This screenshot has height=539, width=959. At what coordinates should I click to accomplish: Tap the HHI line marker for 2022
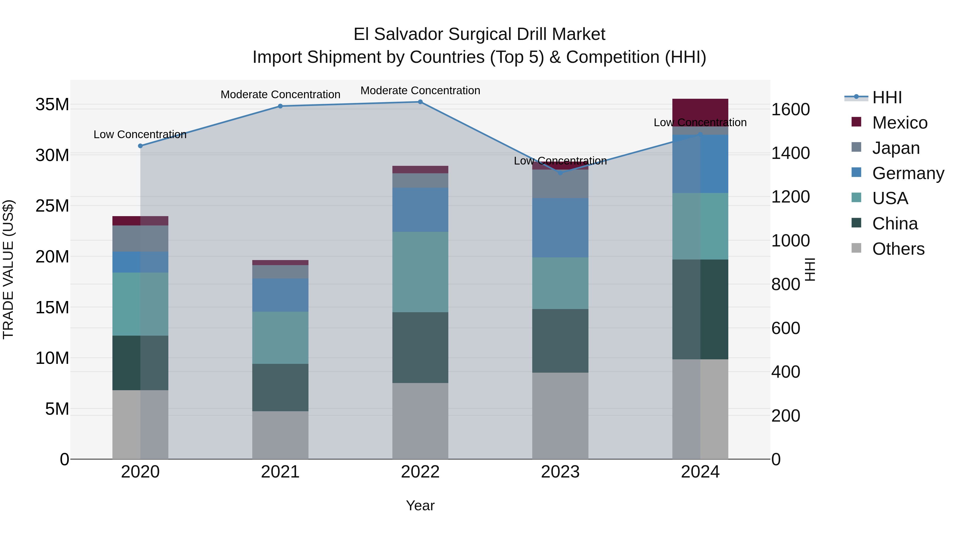[x=420, y=102]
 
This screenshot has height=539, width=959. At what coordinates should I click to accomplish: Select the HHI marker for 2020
[x=140, y=146]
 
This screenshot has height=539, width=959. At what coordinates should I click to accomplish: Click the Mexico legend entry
[x=899, y=123]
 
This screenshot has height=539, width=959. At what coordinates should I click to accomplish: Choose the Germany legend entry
[x=908, y=173]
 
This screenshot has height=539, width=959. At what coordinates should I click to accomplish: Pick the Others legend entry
[x=898, y=249]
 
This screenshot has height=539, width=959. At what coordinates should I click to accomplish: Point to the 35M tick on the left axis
[x=52, y=105]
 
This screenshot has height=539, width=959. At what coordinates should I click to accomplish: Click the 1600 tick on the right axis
[x=790, y=109]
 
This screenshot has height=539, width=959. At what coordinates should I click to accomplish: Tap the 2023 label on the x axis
[x=560, y=472]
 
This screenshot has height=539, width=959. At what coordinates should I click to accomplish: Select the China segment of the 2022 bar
[x=420, y=347]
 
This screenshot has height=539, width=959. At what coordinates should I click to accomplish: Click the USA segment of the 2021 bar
[x=280, y=338]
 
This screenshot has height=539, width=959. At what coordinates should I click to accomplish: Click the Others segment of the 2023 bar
[x=560, y=415]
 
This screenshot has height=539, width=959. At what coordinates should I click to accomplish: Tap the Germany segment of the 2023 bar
[x=560, y=228]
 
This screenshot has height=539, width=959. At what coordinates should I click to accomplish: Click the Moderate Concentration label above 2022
[x=420, y=90]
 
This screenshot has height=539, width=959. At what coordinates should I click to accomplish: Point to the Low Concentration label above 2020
[x=140, y=134]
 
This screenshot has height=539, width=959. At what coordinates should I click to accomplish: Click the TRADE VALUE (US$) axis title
[x=8, y=269]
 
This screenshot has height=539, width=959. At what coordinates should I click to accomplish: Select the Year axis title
[x=420, y=505]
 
